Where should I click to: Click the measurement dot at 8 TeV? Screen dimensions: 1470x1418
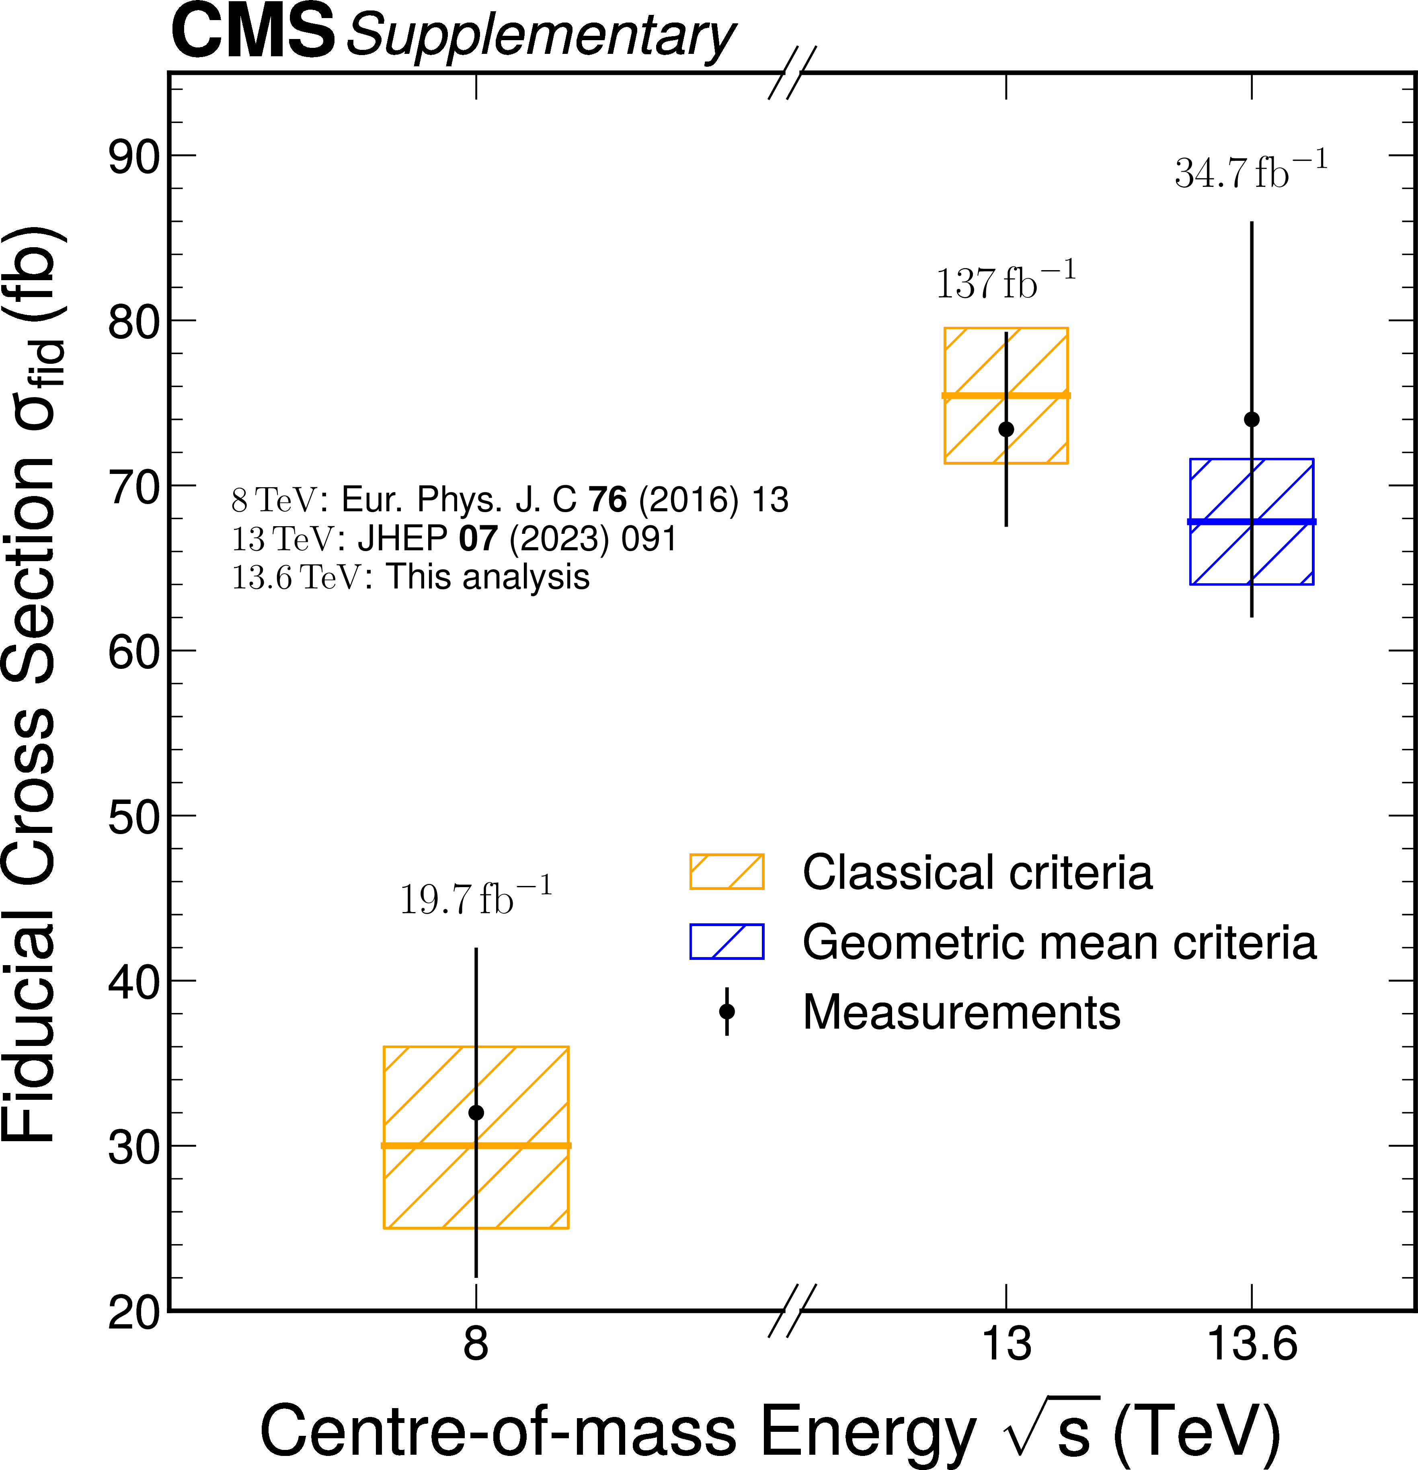pyautogui.click(x=476, y=1112)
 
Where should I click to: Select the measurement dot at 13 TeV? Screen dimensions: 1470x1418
pyautogui.click(x=1006, y=429)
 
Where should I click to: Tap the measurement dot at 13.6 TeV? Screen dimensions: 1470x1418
pyautogui.click(x=1252, y=419)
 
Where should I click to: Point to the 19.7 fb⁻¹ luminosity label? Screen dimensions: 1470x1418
pyautogui.click(x=476, y=898)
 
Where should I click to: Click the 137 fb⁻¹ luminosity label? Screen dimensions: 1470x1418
pyautogui.click(x=1006, y=282)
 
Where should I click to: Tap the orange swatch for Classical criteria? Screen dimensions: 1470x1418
pyautogui.click(x=726, y=871)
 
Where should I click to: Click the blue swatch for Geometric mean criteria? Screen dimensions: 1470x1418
pyautogui.click(x=726, y=941)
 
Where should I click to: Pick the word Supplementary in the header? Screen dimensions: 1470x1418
pyautogui.click(x=540, y=36)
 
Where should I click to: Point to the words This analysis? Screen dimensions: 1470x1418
pyautogui.click(x=488, y=577)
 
